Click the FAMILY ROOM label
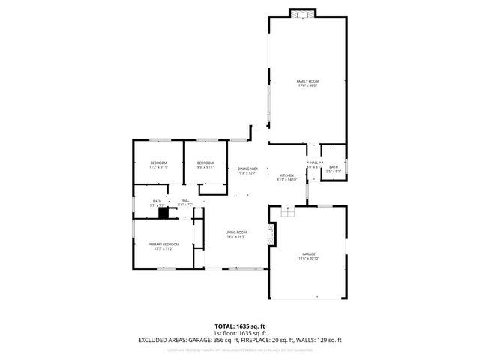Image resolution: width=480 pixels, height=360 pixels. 307,81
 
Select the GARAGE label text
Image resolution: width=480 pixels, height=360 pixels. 307,254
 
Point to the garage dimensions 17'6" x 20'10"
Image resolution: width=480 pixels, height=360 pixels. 307,259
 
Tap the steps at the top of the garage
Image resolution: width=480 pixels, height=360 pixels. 286,211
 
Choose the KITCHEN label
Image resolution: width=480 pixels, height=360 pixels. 286,175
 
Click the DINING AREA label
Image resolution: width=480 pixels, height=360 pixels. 248,169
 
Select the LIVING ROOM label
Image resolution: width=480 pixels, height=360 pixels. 236,232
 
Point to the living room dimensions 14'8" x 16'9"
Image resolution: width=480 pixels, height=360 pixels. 236,237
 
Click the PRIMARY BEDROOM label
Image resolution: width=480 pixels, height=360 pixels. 163,244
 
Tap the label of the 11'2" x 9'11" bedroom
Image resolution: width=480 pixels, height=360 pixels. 157,163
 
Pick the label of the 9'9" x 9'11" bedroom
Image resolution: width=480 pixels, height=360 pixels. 205,163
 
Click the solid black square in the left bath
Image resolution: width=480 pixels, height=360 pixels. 163,212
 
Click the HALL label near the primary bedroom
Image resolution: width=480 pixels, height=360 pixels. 184,200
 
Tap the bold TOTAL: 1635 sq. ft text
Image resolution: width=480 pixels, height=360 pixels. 240,325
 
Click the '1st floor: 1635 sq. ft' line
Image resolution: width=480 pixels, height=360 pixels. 240,332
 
